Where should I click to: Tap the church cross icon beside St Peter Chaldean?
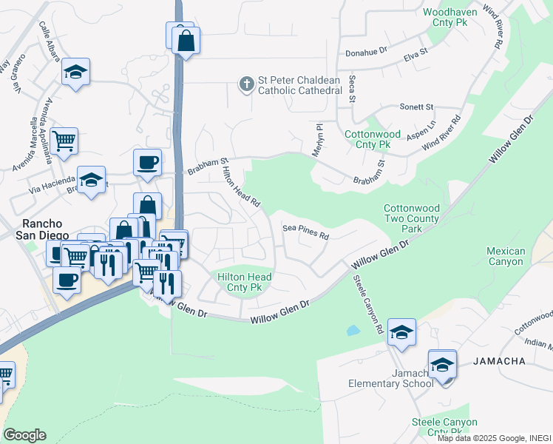click(x=247, y=85)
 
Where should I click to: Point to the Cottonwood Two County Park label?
click(x=411, y=219)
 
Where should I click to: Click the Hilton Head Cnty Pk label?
click(x=245, y=282)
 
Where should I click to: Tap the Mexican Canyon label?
click(x=506, y=256)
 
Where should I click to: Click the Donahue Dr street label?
click(x=367, y=53)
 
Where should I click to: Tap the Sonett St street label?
click(x=416, y=107)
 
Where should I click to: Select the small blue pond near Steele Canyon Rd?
click(x=353, y=330)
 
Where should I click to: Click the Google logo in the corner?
click(x=24, y=435)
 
